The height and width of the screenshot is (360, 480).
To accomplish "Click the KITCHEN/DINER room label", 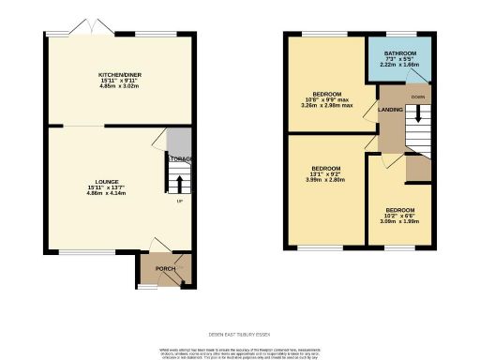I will (x=119, y=74).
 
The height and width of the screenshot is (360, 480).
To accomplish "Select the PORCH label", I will (x=165, y=269).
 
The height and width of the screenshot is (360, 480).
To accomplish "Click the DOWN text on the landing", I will (x=417, y=97).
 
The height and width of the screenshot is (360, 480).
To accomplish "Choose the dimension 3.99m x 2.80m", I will (x=325, y=179).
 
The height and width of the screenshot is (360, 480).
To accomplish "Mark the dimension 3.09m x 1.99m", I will (x=400, y=221).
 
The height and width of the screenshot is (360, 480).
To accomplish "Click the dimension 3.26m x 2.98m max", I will (x=326, y=106).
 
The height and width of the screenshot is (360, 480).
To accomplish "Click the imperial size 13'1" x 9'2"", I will (x=325, y=173).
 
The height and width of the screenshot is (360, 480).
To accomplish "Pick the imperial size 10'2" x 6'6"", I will (x=400, y=216).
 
